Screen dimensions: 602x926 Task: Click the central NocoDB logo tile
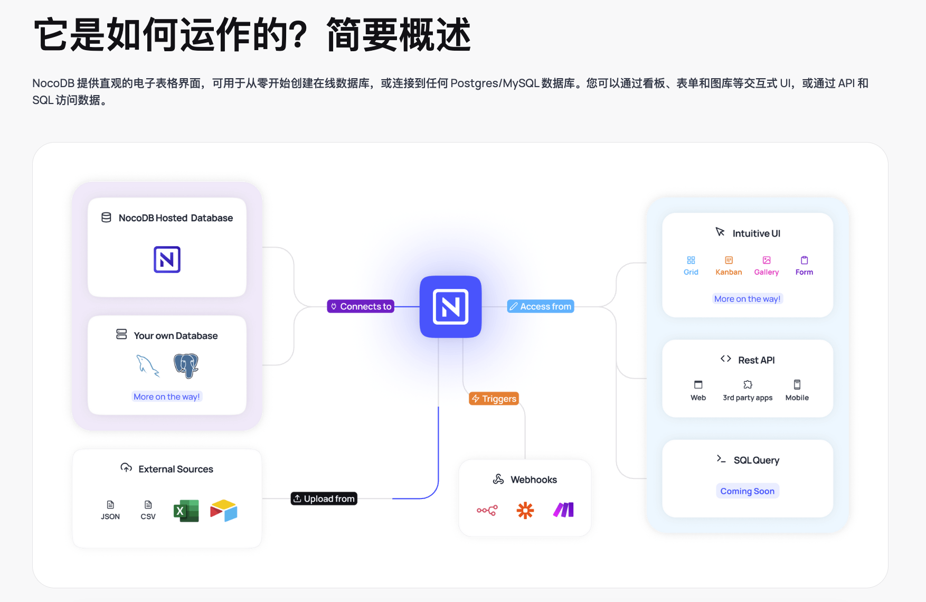click(x=450, y=306)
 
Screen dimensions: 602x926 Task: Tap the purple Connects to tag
click(x=361, y=306)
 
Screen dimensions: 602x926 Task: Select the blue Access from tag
click(x=541, y=306)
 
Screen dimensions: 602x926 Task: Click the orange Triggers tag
click(x=494, y=399)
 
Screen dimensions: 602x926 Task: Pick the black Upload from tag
click(x=324, y=498)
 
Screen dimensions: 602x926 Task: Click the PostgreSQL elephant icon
click(x=186, y=365)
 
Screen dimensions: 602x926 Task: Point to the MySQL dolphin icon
click(x=147, y=365)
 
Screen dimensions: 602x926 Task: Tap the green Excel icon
click(x=186, y=511)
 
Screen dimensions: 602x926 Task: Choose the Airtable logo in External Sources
click(x=224, y=511)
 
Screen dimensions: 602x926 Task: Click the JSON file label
click(x=110, y=516)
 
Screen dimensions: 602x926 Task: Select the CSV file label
click(x=148, y=516)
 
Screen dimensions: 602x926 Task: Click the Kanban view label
click(x=729, y=272)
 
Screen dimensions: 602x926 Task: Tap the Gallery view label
click(x=767, y=272)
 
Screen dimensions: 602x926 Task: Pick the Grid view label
click(x=691, y=272)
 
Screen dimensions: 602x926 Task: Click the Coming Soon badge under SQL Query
click(x=747, y=491)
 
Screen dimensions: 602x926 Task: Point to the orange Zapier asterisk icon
click(x=525, y=510)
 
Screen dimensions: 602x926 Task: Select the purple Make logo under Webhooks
click(x=563, y=510)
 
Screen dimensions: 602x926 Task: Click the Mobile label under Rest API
click(x=797, y=398)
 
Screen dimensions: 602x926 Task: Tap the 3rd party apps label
click(x=748, y=398)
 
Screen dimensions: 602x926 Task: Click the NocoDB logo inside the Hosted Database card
click(x=167, y=259)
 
